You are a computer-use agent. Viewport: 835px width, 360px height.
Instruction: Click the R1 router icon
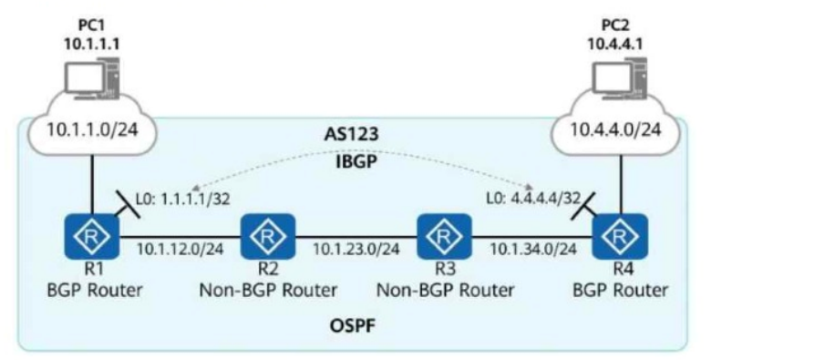pyautogui.click(x=91, y=235)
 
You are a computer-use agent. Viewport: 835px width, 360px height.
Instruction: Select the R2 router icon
pyautogui.click(x=268, y=235)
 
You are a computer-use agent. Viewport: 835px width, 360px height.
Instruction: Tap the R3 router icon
pyautogui.click(x=444, y=235)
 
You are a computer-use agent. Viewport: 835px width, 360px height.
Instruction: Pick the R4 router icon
pyautogui.click(x=621, y=235)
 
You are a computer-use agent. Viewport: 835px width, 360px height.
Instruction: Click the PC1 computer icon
pyautogui.click(x=91, y=80)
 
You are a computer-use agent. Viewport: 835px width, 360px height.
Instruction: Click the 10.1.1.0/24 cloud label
pyautogui.click(x=92, y=130)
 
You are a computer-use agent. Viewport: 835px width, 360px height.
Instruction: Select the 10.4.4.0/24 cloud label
pyautogui.click(x=616, y=130)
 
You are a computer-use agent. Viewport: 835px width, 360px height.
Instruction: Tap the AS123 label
pyautogui.click(x=352, y=135)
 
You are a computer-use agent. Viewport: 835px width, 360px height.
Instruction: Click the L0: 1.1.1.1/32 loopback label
pyautogui.click(x=183, y=200)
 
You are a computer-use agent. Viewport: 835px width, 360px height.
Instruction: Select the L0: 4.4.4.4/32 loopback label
pyautogui.click(x=532, y=200)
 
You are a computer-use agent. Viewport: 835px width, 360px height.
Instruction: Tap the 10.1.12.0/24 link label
pyautogui.click(x=180, y=249)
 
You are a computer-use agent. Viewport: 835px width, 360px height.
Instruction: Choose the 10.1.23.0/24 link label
pyautogui.click(x=356, y=249)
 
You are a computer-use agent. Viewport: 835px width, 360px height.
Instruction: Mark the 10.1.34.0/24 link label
pyautogui.click(x=532, y=249)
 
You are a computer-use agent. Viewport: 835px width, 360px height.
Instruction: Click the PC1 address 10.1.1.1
pyautogui.click(x=91, y=44)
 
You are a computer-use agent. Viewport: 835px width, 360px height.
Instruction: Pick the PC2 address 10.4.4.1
pyautogui.click(x=616, y=44)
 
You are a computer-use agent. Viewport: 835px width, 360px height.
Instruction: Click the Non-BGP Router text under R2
pyautogui.click(x=268, y=290)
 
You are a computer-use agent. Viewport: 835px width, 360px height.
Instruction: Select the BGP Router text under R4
pyautogui.click(x=621, y=290)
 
